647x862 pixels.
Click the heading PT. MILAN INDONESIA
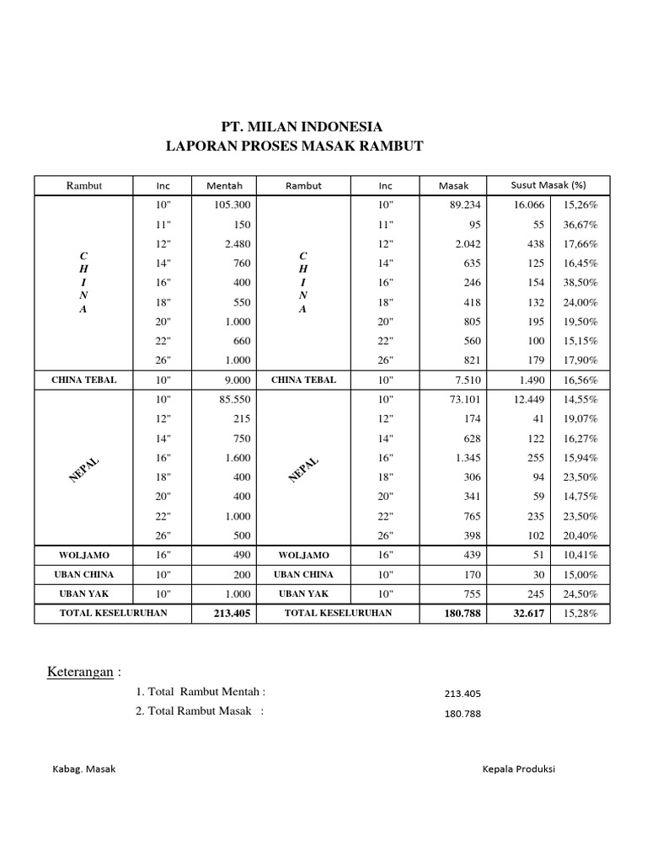302,127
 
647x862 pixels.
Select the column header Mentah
224,186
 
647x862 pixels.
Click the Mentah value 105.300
233,205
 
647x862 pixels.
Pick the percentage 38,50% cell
581,283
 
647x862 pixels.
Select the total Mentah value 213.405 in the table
233,614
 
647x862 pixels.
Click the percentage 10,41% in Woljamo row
581,556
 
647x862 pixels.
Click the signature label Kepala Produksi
519,769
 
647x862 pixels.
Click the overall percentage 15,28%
581,614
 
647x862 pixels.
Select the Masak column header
453,186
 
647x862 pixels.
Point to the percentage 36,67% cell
581,225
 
